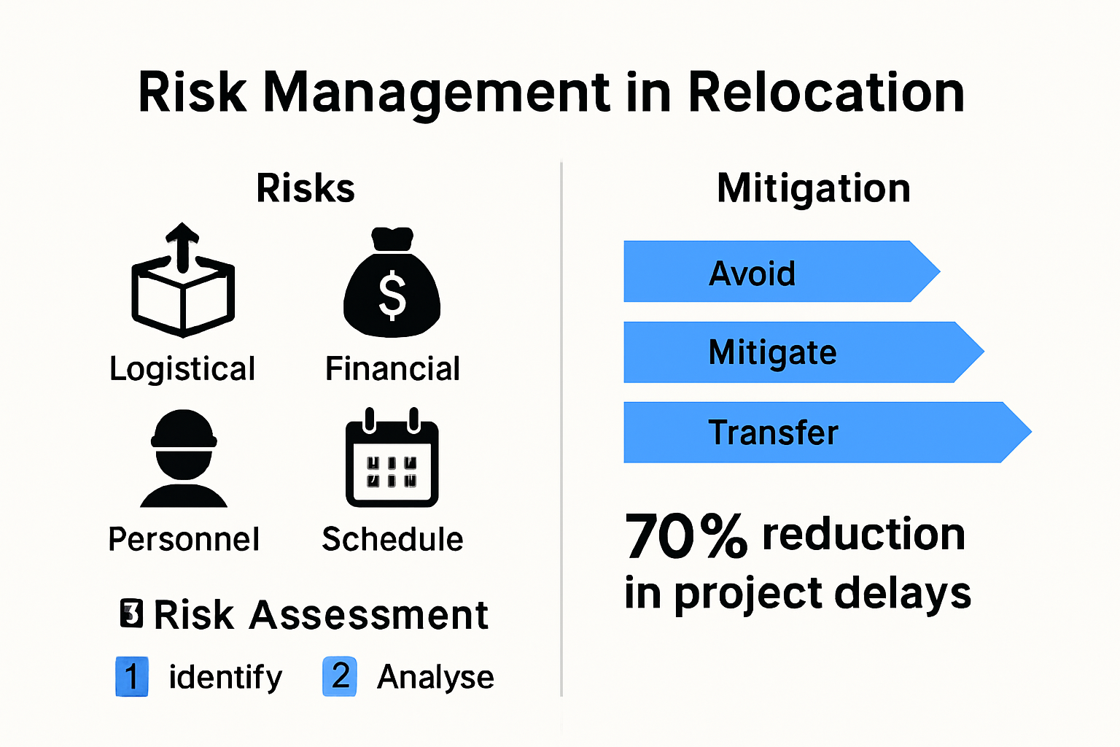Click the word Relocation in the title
pos(825,93)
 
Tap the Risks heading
pos(306,188)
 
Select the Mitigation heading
pos(814,188)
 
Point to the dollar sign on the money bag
pos(392,295)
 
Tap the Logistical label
pos(182,369)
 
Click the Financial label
pos(392,369)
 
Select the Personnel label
pos(184,540)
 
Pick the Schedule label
pos(392,540)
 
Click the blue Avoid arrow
pos(773,272)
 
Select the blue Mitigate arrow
pos(795,352)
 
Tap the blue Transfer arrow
pos(817,433)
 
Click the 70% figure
pos(685,537)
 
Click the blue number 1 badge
pos(132,676)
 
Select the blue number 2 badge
pos(340,676)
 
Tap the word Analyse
pos(435,677)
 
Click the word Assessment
pos(368,615)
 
